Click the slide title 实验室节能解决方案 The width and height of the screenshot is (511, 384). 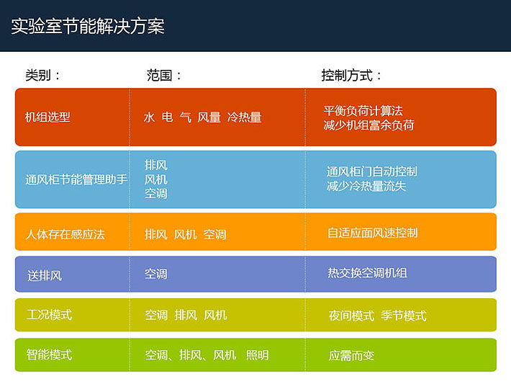(88, 26)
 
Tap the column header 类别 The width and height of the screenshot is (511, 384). (38, 76)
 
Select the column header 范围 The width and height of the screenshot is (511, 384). (159, 76)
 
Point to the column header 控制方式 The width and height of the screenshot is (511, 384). (347, 76)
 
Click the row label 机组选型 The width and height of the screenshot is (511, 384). (48, 117)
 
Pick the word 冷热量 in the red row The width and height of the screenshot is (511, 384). (245, 117)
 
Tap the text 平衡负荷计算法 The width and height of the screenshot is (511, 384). (363, 111)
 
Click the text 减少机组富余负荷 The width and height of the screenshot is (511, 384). (369, 125)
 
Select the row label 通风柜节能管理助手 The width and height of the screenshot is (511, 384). (76, 179)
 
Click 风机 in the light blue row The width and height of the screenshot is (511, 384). (156, 179)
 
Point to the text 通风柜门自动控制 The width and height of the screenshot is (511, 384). (372, 171)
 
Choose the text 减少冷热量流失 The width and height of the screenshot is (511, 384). (366, 186)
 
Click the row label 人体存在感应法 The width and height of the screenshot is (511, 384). (65, 234)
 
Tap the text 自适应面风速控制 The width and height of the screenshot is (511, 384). (373, 233)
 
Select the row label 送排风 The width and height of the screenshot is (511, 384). (45, 276)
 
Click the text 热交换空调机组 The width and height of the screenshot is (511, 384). (367, 273)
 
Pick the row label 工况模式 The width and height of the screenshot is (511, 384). (49, 315)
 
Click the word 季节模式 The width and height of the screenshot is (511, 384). (404, 316)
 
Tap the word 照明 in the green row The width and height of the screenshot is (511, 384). (258, 355)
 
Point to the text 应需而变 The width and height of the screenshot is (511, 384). (351, 355)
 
